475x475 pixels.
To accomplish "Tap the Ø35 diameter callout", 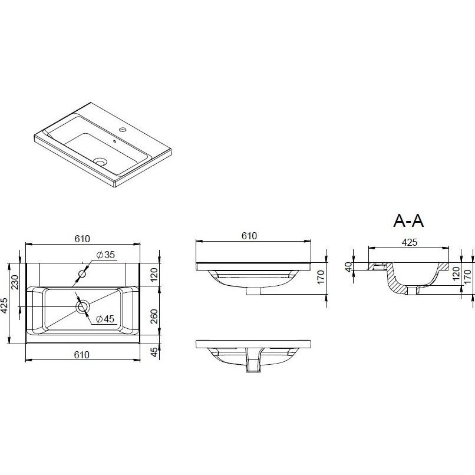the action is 105,255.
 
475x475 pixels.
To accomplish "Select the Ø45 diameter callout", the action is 105,319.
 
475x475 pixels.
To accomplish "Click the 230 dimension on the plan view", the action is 15,282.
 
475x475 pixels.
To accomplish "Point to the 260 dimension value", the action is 154,316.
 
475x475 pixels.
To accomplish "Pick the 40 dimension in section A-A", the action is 349,267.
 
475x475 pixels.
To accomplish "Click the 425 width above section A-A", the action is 409,242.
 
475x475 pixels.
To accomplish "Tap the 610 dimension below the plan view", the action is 82,354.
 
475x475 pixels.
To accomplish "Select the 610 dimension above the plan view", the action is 82,239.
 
